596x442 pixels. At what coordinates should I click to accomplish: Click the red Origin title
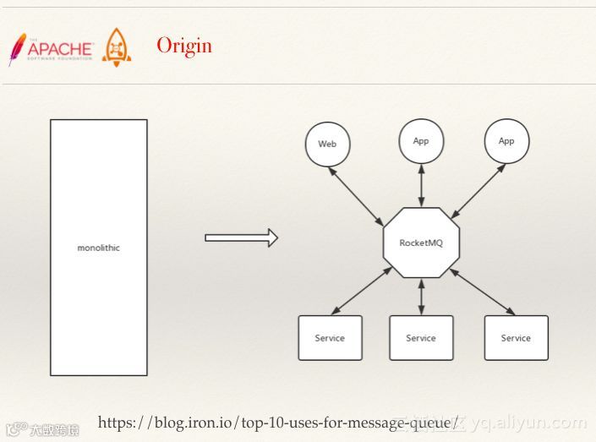[184, 46]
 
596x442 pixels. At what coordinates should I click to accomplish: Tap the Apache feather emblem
[16, 49]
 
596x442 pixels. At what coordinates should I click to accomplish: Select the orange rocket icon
[117, 48]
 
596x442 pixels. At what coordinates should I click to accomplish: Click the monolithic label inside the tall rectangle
[98, 248]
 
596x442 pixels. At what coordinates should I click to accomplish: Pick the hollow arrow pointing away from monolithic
[241, 237]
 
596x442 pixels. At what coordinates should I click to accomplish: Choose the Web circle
[327, 144]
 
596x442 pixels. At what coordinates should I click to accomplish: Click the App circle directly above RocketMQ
[421, 140]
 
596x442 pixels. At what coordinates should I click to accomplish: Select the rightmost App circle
[506, 140]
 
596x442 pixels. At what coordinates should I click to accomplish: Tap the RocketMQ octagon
[421, 243]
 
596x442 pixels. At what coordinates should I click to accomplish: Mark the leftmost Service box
[330, 337]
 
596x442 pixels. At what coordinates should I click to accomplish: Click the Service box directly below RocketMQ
[421, 337]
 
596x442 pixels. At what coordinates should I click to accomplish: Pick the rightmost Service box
[516, 337]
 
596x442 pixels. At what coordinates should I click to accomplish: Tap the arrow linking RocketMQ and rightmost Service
[483, 292]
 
